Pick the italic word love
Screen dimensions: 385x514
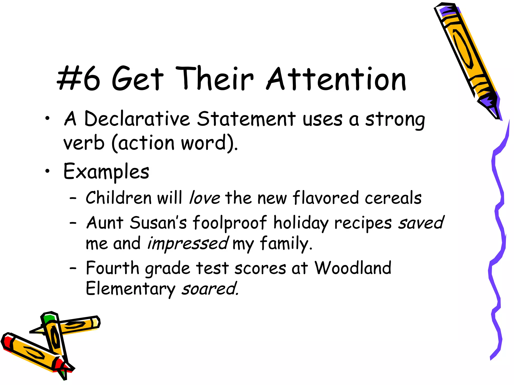[205, 198]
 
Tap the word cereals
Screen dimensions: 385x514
[393, 198]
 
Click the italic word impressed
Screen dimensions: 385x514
[188, 243]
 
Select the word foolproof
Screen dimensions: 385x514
[230, 223]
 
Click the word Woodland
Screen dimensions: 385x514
[353, 268]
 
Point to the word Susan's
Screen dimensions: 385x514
[158, 223]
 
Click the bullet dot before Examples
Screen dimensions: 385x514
[47, 171]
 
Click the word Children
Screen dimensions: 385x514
[119, 198]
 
